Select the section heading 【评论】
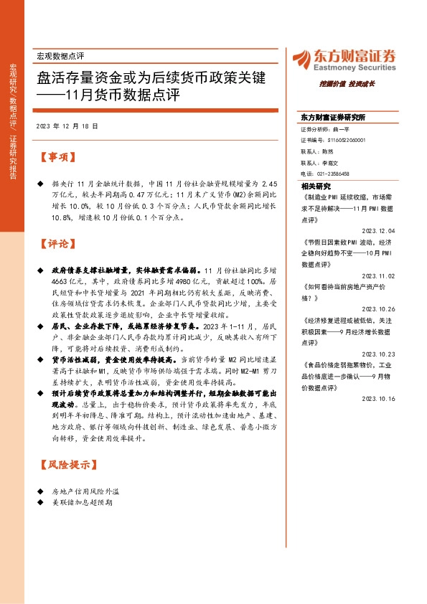click(57, 244)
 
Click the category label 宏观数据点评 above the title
click(60, 55)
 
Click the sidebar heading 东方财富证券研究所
click(333, 116)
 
